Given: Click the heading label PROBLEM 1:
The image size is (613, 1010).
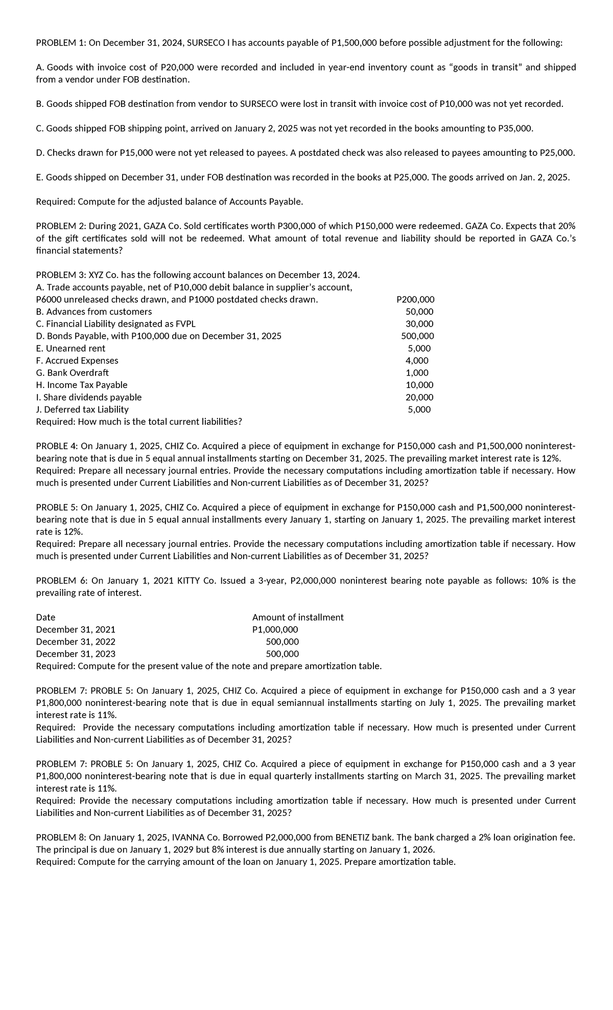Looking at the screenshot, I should tap(61, 43).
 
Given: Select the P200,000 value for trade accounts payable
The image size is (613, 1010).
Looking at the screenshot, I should tap(415, 300).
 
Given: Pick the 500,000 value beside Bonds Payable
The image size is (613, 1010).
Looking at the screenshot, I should tap(417, 336).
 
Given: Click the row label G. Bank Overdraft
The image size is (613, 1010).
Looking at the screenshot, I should tap(72, 373).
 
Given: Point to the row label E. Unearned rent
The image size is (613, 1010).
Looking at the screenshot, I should tap(70, 349).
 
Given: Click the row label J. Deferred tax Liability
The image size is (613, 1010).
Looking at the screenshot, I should tap(82, 409).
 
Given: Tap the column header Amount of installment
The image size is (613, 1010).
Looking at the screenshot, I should tap(298, 617).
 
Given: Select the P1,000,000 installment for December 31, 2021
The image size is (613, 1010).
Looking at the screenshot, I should tap(275, 630).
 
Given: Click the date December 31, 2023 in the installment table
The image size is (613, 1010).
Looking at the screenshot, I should tap(76, 654).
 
